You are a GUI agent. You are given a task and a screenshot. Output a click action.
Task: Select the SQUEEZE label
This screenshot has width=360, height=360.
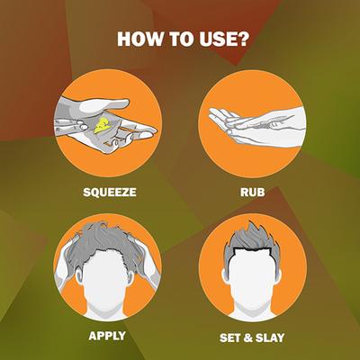[x=110, y=192]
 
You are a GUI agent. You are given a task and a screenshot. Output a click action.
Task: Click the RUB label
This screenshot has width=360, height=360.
[x=252, y=192]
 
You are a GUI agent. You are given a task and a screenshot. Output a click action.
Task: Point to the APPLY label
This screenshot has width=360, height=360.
[x=107, y=336]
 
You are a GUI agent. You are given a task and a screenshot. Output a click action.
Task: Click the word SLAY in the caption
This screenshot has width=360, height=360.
[x=270, y=337]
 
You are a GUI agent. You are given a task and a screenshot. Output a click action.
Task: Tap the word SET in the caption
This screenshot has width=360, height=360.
[x=230, y=337]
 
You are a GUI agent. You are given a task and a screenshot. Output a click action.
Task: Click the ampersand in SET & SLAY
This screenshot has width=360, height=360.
[x=248, y=338]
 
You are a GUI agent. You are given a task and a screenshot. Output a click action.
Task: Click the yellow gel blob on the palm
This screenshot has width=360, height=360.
[x=102, y=125]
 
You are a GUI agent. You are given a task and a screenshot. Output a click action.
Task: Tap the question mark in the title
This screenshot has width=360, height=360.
[x=243, y=39]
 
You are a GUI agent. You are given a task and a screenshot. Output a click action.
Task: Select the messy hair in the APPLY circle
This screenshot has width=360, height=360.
[x=105, y=243]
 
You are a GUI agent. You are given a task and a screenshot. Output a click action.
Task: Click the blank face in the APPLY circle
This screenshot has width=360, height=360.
[x=105, y=279]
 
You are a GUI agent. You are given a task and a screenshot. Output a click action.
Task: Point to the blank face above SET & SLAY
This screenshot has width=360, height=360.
[x=253, y=279]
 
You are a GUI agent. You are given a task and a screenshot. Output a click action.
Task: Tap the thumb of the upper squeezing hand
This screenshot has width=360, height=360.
[x=105, y=105]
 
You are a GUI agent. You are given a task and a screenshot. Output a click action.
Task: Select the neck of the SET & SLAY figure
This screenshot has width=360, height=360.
[x=253, y=309]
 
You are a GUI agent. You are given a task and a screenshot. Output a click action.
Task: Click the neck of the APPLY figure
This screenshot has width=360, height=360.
[x=105, y=309]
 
